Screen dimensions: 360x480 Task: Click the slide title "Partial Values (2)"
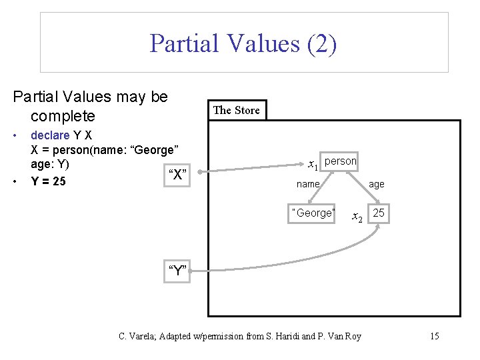243,43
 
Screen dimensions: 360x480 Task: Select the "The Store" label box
237,110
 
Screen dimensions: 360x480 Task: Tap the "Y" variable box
178,271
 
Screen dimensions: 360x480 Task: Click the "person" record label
340,161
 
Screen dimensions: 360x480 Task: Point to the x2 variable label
357,217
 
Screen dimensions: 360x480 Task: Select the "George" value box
313,213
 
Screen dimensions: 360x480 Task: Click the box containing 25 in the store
379,213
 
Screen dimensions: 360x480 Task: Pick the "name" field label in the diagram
308,184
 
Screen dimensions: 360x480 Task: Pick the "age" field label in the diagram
377,184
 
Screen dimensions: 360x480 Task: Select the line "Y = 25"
49,181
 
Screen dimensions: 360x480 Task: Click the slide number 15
434,336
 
